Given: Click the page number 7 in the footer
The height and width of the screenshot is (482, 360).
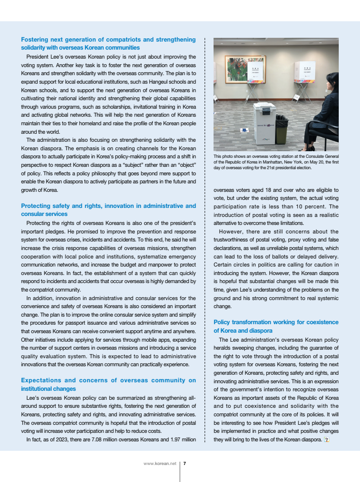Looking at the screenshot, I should pos(184,464).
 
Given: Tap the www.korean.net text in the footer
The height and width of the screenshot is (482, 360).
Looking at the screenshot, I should pos(160,464).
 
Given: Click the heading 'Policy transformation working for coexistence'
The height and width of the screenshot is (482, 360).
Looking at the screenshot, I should pos(276,322).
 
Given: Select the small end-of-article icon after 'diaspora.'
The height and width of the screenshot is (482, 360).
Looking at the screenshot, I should pos(326,440).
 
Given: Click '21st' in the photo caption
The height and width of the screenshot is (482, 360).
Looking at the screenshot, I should pos(272,167).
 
